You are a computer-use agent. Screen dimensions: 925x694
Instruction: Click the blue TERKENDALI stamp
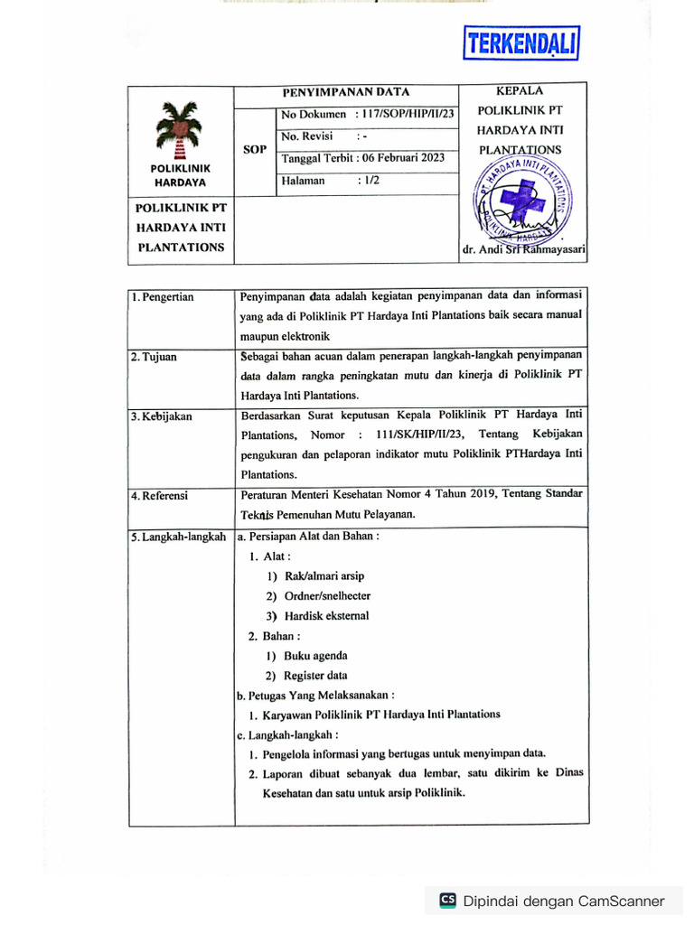click(520, 42)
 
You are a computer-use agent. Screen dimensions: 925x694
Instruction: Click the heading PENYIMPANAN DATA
click(346, 92)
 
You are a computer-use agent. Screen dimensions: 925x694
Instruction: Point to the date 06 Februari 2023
click(399, 158)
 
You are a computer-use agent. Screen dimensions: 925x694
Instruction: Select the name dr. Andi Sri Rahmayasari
click(523, 250)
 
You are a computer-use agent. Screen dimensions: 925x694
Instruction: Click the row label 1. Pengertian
click(163, 296)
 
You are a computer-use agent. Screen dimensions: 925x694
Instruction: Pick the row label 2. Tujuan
click(154, 357)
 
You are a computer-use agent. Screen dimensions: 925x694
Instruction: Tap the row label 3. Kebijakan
click(162, 416)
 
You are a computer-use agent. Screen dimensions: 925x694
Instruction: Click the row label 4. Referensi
click(161, 496)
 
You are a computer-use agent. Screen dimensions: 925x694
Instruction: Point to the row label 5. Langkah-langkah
click(178, 537)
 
